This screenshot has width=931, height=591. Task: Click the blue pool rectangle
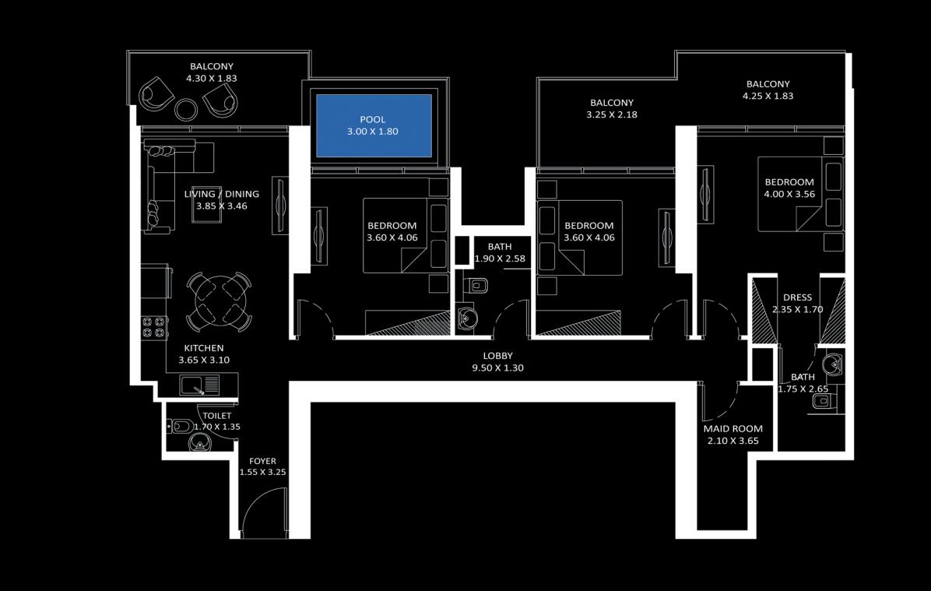click(374, 125)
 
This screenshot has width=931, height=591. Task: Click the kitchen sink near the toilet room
click(199, 385)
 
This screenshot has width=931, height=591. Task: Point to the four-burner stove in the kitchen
click(154, 328)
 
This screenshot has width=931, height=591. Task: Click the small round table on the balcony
click(186, 109)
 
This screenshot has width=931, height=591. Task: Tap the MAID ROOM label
click(733, 429)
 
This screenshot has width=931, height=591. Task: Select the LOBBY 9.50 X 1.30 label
click(497, 362)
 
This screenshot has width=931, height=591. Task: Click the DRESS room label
click(797, 297)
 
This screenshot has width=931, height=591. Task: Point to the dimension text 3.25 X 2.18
click(612, 114)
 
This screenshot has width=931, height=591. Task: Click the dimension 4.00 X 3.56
click(789, 194)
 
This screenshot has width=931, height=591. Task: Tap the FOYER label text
click(262, 461)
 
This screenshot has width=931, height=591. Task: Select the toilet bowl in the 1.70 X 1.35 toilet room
click(180, 426)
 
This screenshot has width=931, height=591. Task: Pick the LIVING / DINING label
click(222, 194)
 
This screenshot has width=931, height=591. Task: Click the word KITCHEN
click(204, 348)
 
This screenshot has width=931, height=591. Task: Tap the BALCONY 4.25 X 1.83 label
click(768, 90)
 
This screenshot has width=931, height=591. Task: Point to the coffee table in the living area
click(206, 205)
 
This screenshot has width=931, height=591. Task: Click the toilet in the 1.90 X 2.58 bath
click(476, 286)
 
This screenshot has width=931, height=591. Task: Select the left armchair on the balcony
click(156, 94)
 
